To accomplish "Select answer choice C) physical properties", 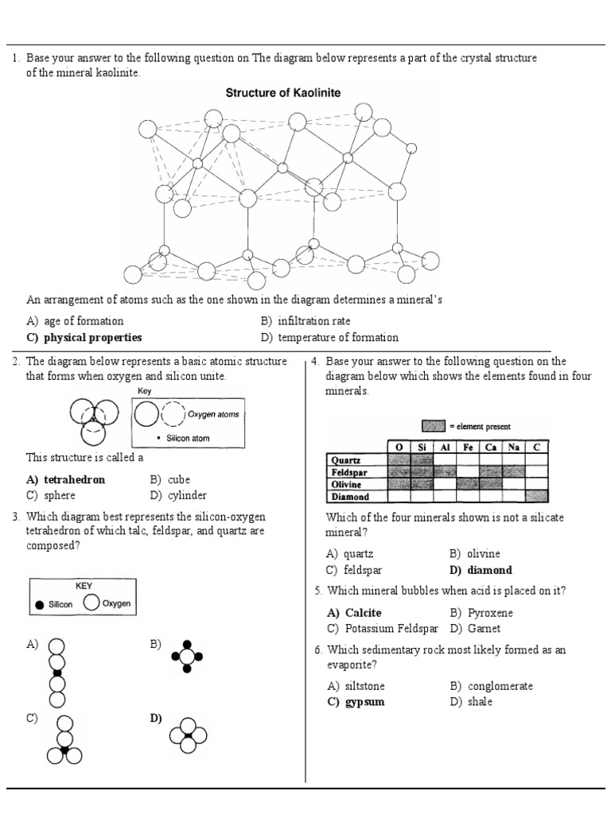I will (84, 337).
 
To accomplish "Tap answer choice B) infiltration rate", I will (305, 321).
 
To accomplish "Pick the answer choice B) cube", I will (169, 479).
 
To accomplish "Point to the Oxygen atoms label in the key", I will (212, 414).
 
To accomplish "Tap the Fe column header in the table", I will (469, 448).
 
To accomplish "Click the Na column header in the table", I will (514, 448).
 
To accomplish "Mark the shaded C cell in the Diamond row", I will (537, 496).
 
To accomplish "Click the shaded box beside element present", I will (433, 426).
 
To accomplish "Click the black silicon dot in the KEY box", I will (41, 605).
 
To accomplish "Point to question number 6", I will (317, 650).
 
